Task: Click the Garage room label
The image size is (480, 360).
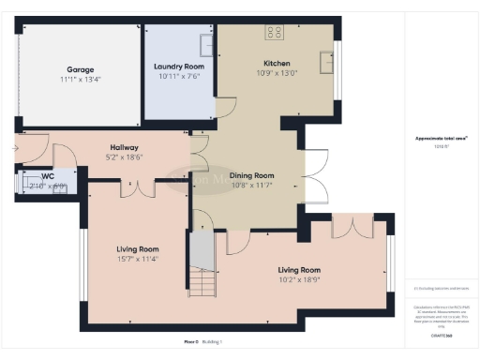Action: coord(80,69)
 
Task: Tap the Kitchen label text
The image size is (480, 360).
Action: coord(277,64)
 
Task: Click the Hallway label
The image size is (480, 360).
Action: coord(125,147)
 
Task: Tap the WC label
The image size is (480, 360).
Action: coord(47,175)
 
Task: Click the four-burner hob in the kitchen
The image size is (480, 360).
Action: coord(274,33)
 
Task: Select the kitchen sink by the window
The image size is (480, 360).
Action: coord(325,62)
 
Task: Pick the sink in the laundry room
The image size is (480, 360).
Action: coord(206,44)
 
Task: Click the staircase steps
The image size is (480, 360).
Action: coord(202,280)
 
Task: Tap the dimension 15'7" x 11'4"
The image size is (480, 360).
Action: coord(138,260)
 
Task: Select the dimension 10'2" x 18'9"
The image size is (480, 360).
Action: coord(299,278)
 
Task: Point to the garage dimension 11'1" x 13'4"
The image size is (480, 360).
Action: coord(80,81)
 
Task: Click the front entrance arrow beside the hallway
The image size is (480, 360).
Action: coord(16,147)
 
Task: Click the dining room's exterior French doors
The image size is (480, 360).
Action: coord(318,174)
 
